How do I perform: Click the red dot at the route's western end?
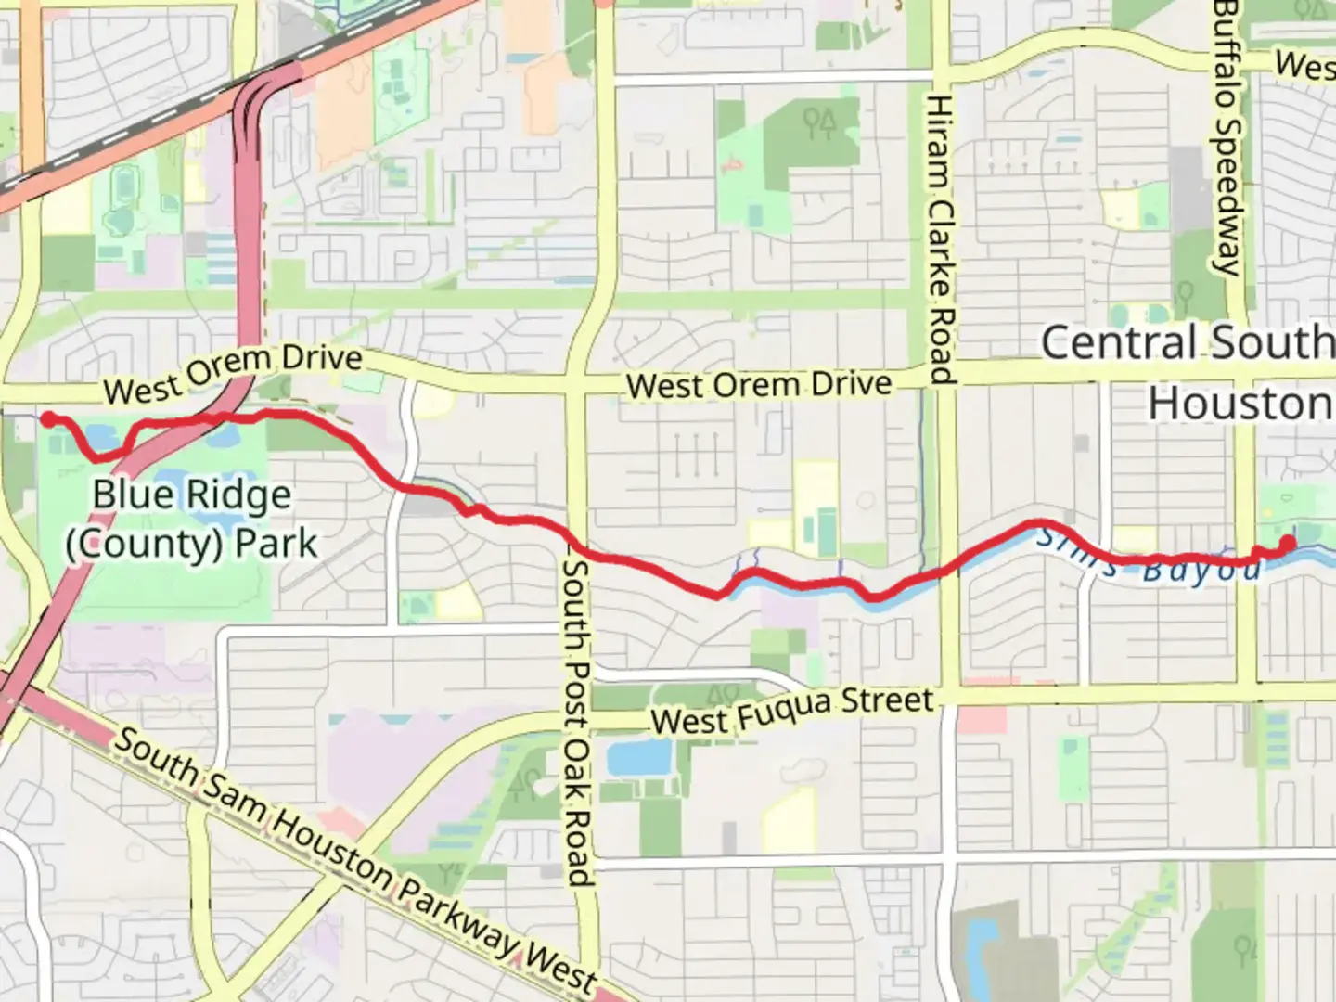point(46,418)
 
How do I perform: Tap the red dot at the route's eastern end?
point(1288,542)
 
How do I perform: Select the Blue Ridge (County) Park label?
point(191,520)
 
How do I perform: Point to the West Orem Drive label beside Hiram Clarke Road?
point(759,384)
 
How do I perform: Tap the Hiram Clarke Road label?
point(941,239)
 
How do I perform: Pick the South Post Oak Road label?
point(578,722)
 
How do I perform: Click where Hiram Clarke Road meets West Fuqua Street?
point(946,691)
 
